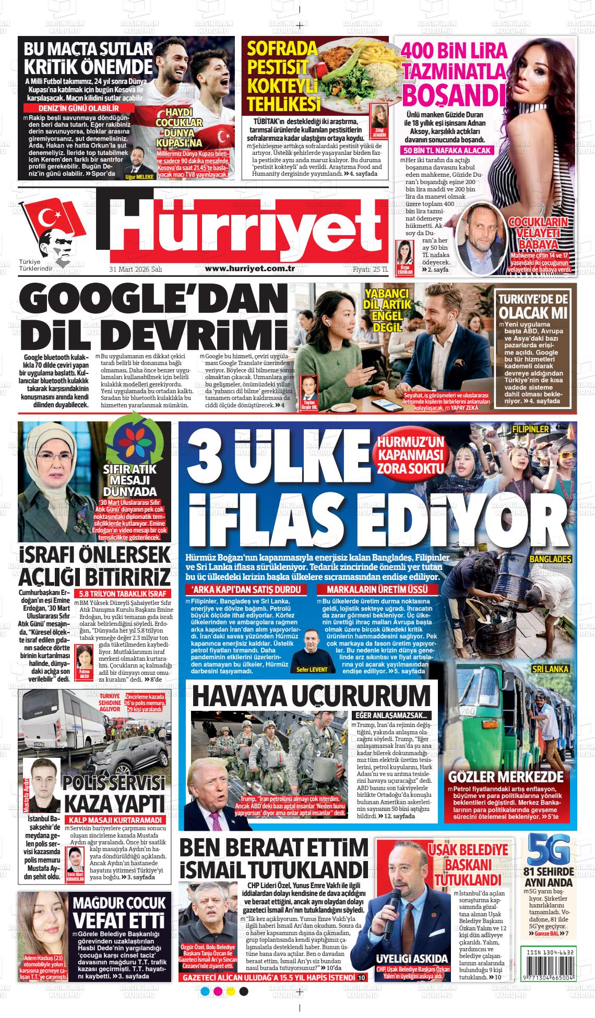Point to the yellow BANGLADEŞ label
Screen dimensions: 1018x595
click(x=551, y=559)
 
